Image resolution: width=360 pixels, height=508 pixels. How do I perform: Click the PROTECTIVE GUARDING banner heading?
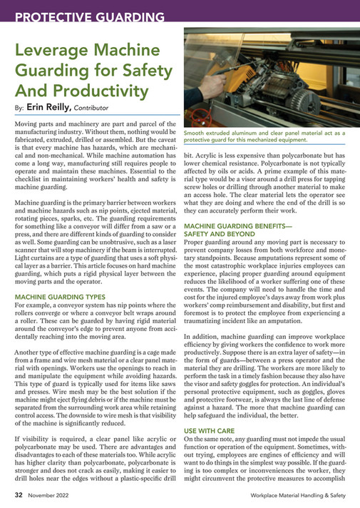tap(89, 16)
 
